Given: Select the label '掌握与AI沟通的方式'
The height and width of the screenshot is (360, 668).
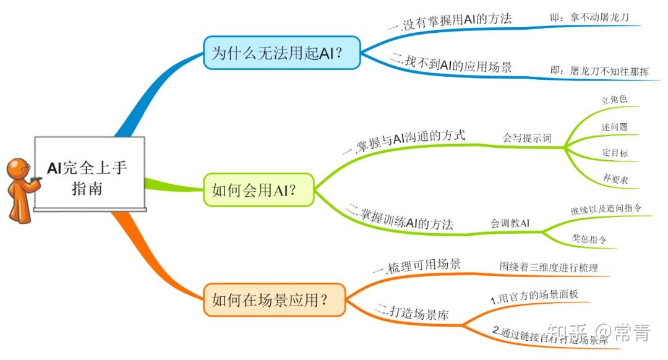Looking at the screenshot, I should (405, 142).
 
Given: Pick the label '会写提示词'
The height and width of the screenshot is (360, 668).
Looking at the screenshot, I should (526, 138).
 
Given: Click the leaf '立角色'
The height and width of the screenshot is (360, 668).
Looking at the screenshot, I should (615, 100).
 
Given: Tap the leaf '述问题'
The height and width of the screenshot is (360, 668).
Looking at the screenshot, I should (615, 126).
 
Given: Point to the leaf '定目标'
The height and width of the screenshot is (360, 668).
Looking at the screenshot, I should (615, 153).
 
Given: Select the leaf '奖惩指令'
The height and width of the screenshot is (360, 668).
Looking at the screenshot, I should (588, 238).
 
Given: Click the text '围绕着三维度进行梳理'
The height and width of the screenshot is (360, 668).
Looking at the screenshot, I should (549, 267).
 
